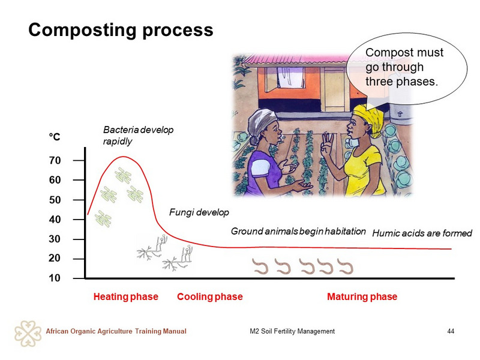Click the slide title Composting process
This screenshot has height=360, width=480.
pos(121,31)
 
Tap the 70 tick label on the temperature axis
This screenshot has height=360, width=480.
pos(55,160)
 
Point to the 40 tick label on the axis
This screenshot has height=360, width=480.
pos(55,220)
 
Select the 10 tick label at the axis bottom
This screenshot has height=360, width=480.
pos(55,278)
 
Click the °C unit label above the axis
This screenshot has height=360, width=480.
pos(55,137)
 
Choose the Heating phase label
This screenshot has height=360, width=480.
pos(126,296)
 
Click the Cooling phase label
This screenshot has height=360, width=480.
pos(209,296)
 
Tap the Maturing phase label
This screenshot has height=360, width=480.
pos(362,296)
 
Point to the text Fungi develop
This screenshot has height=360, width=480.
pos(199,212)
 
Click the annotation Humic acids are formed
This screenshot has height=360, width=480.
pos(422,233)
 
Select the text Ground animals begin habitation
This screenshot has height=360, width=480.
pos(298,231)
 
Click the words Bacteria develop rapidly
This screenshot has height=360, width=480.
pos(138,136)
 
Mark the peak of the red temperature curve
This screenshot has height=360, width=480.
pos(123,157)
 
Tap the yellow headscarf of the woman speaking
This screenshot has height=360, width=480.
pos(370,118)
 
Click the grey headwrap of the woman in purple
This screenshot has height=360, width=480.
pos(261,124)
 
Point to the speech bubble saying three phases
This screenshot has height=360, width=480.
pos(407,70)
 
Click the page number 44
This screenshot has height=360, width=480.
pos(451,331)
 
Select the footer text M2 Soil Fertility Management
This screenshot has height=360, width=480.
pos(292,331)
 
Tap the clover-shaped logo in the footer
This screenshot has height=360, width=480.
pos(28,334)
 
